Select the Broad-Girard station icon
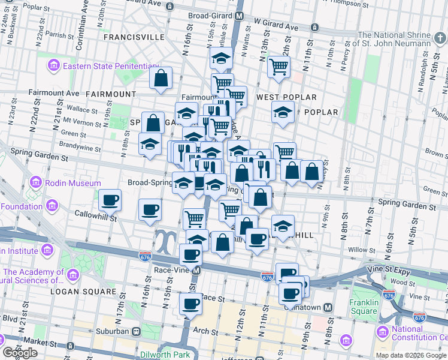(239, 16)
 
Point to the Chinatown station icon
(328, 307)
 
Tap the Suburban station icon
(136, 331)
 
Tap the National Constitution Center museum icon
(382, 331)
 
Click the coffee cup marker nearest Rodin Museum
(110, 199)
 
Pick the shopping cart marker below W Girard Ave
(279, 67)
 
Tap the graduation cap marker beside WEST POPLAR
(283, 112)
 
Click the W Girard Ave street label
(276, 28)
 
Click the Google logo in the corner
(20, 353)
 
